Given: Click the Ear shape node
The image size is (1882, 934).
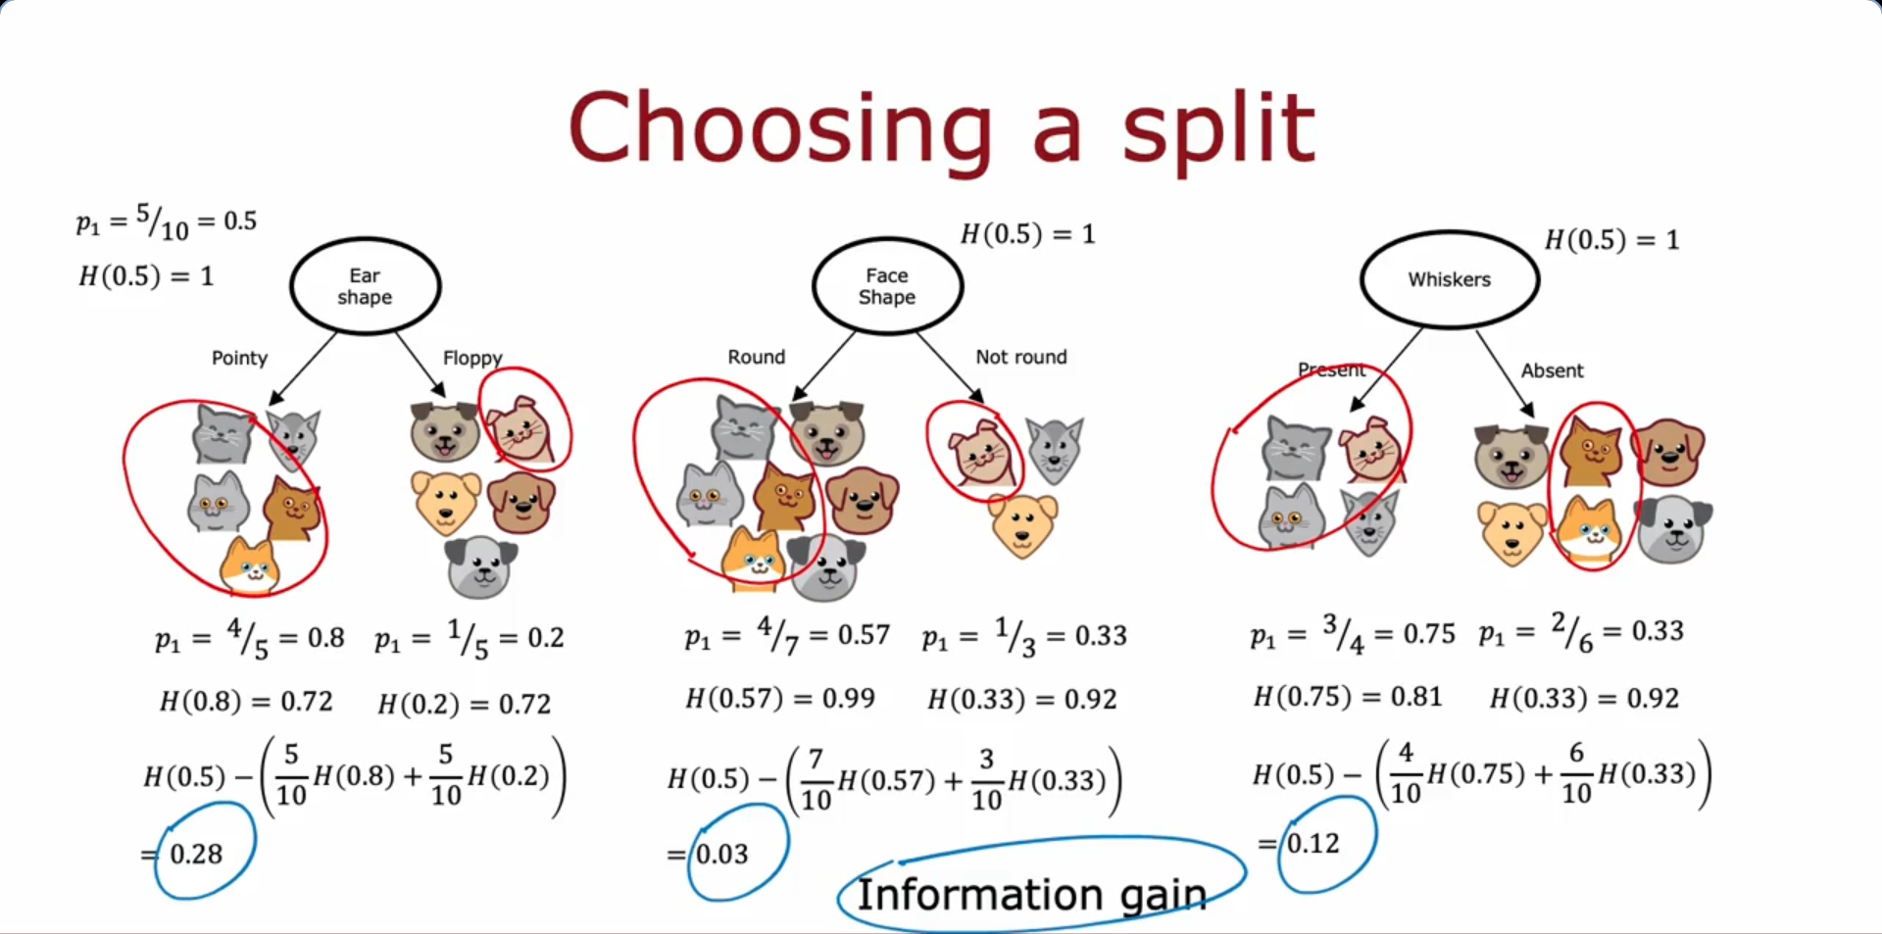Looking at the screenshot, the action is [x=365, y=286].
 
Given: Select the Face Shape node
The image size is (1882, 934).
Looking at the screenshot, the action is [x=887, y=286].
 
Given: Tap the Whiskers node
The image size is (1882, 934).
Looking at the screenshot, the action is [x=1450, y=279].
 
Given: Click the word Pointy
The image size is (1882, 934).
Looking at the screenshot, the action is [x=239, y=358].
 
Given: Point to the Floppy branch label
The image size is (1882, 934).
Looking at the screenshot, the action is [x=472, y=358].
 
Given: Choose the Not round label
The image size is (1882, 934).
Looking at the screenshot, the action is [x=1021, y=357].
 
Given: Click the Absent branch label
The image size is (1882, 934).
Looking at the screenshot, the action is [x=1552, y=370].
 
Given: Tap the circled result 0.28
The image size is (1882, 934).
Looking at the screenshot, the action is [x=196, y=854].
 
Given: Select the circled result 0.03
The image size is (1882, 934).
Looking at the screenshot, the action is [x=722, y=854].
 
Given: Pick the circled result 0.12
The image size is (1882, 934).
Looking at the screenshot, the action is [x=1312, y=843].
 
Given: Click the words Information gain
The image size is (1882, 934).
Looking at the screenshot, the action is [x=1031, y=895].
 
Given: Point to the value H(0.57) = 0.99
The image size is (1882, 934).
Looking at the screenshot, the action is [x=780, y=699].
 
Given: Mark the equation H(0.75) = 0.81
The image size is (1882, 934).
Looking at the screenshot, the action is [x=1348, y=697].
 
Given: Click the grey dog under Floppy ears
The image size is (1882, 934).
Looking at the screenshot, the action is [x=480, y=566].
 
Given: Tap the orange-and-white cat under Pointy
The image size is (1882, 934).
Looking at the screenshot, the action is [x=252, y=565].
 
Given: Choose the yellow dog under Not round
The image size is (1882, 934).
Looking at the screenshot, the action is [x=1023, y=524].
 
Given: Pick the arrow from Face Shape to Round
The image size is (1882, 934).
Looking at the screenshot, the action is [x=823, y=366].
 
